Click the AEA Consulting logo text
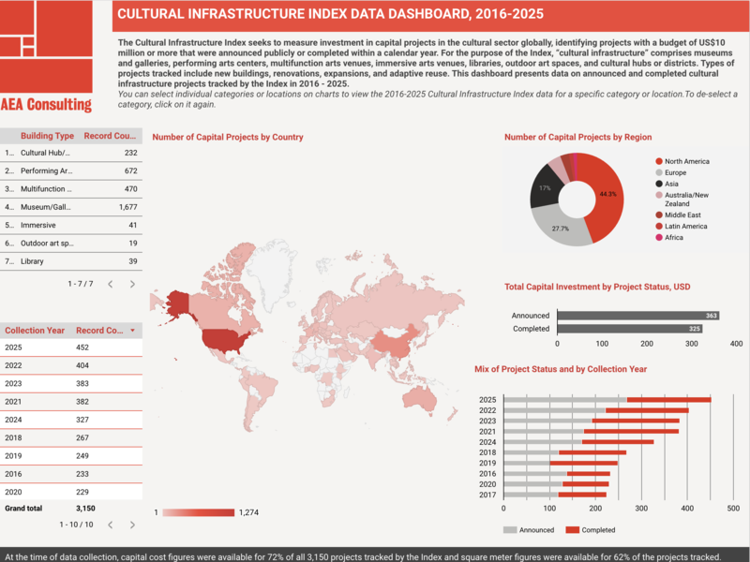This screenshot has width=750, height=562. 46,105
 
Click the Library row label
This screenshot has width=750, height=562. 33,261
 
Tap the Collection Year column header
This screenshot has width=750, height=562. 35,331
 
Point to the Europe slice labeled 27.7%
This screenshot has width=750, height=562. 560,228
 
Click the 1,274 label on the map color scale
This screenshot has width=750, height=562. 248,512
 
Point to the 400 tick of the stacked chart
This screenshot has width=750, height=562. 688,510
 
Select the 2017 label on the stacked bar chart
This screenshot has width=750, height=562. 487,494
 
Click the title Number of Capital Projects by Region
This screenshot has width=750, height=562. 577,137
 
